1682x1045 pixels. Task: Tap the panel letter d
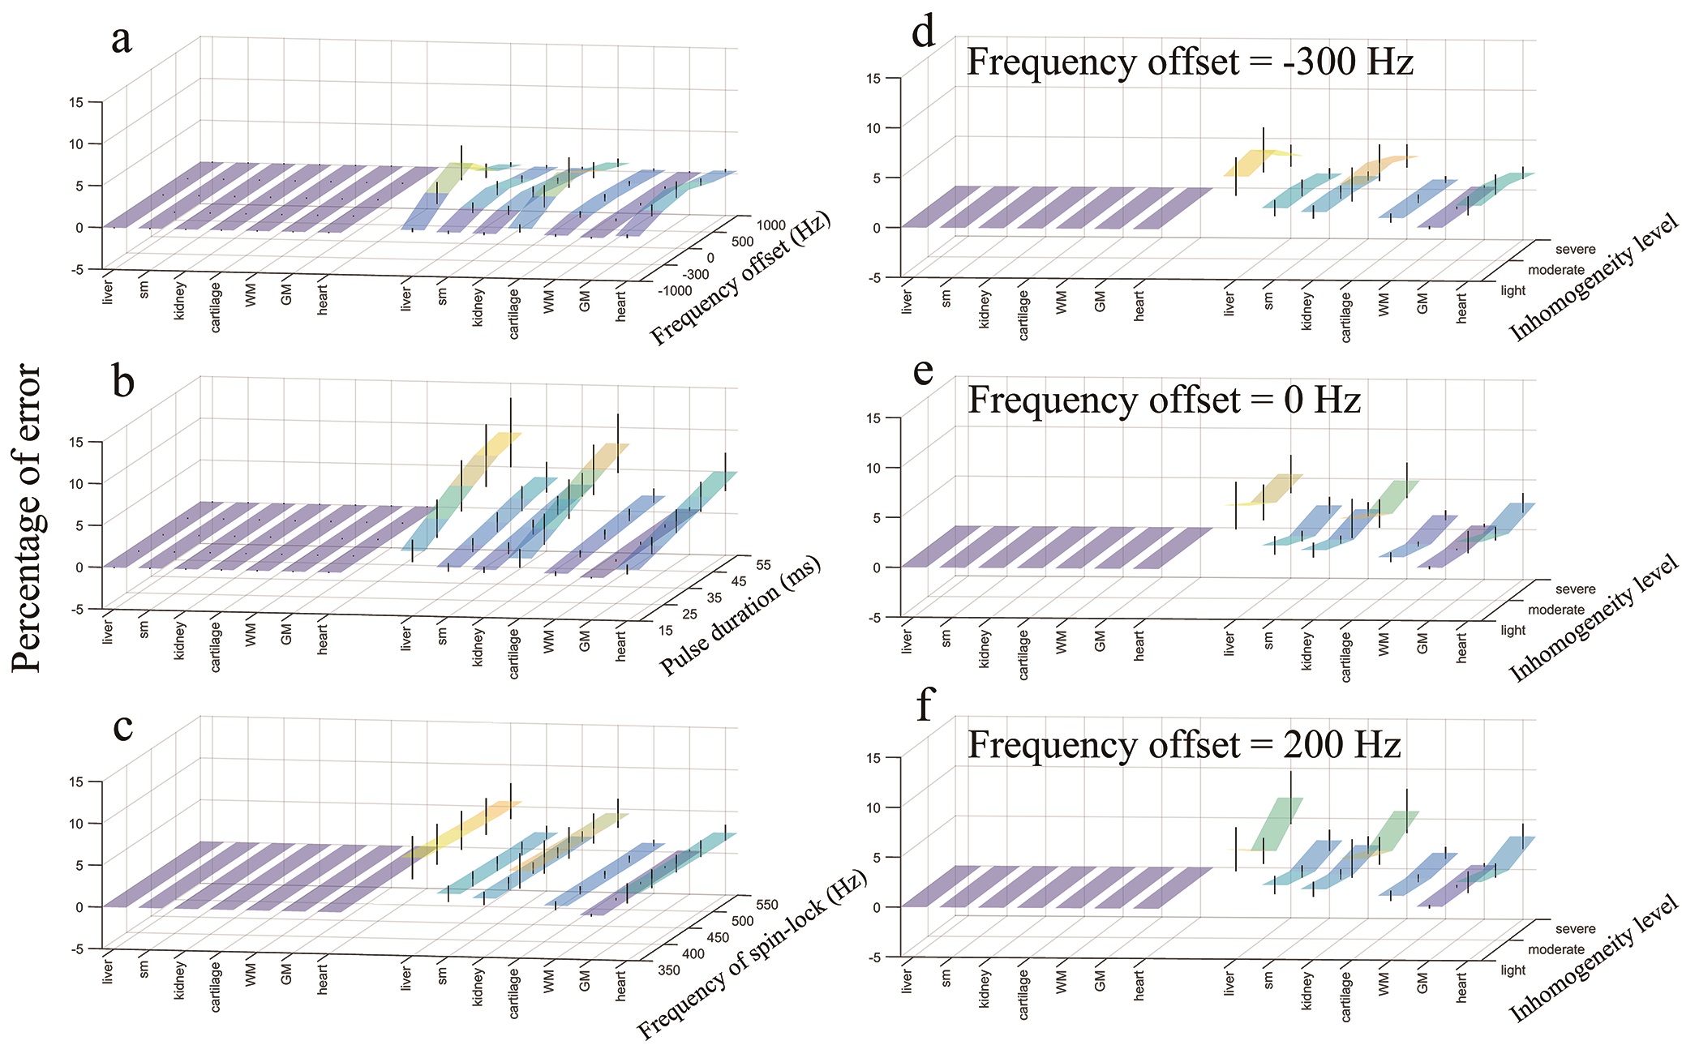(x=924, y=32)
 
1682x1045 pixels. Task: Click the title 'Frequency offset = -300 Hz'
(x=1190, y=62)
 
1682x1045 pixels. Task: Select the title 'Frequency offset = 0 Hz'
(x=1164, y=400)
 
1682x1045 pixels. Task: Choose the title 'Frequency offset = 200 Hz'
(x=1184, y=745)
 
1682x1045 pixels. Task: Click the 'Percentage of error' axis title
(x=28, y=519)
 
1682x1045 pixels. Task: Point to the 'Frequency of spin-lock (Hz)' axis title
(x=753, y=956)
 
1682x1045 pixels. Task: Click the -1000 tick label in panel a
(x=675, y=291)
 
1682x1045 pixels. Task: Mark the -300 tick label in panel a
(x=695, y=275)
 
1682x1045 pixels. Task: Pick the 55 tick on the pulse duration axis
(x=762, y=565)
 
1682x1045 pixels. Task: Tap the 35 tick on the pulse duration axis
(x=714, y=598)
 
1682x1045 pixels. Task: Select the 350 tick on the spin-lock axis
(x=670, y=970)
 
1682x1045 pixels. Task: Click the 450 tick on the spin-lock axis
(x=718, y=937)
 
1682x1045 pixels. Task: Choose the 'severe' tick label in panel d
(x=1575, y=250)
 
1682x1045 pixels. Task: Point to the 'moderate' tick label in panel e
(x=1555, y=610)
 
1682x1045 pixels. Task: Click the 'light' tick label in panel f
(x=1513, y=970)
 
